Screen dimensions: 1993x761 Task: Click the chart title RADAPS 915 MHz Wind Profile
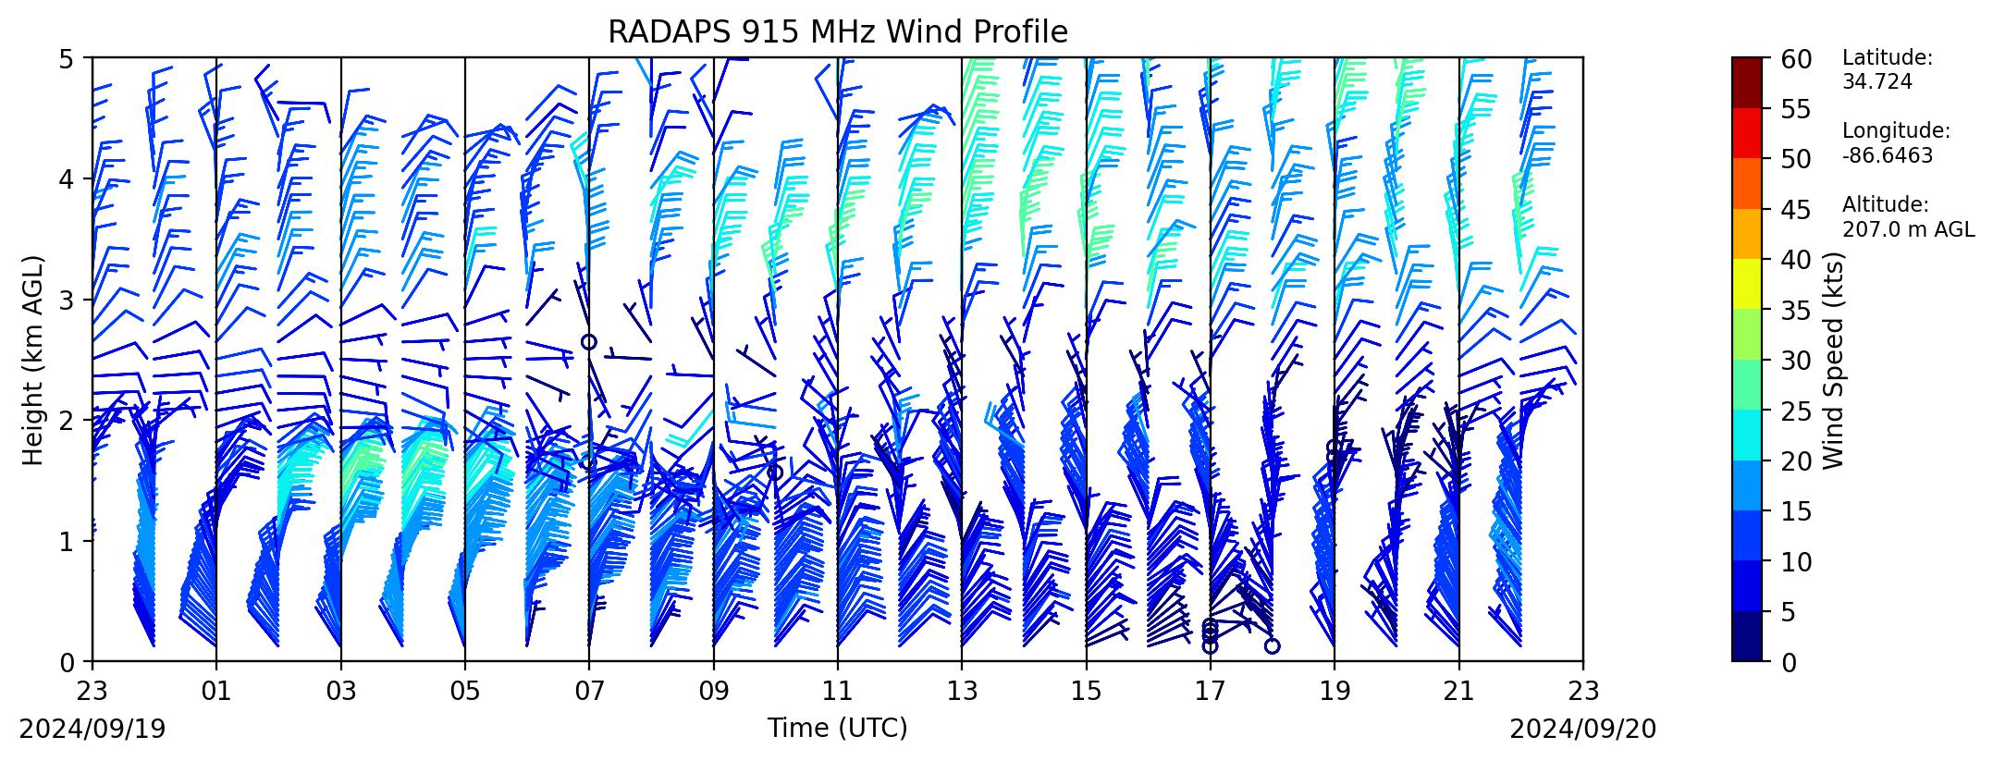point(838,32)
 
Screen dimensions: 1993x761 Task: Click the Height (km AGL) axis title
point(33,361)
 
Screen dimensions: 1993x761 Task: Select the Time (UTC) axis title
point(837,729)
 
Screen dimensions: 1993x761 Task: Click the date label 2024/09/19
point(92,730)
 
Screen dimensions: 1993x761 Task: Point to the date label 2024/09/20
point(1583,730)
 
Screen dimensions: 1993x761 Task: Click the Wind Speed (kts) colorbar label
point(1834,361)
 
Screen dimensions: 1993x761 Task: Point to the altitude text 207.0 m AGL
point(1908,230)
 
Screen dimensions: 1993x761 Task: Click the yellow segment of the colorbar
point(1747,284)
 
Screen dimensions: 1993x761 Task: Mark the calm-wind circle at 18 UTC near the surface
point(1273,645)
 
